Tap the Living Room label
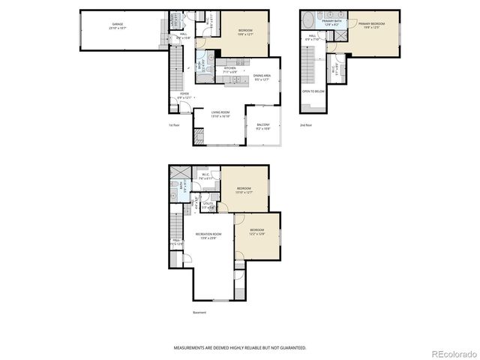point(219,114)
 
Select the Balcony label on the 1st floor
point(263,126)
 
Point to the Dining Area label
point(262,76)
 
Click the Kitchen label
point(230,70)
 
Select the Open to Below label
point(313,91)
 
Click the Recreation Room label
point(208,235)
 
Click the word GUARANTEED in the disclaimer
point(291,348)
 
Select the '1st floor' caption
point(173,125)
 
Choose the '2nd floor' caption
point(305,125)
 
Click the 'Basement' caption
point(199,313)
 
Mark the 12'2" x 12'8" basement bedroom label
point(256,231)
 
